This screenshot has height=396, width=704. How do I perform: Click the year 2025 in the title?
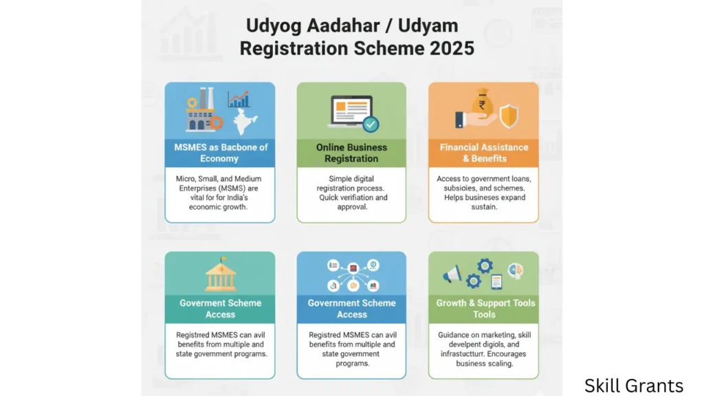pyautogui.click(x=452, y=49)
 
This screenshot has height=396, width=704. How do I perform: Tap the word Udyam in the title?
pyautogui.click(x=428, y=26)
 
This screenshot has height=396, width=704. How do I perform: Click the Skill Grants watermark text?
pyautogui.click(x=633, y=386)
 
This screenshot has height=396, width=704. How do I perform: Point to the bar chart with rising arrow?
pyautogui.click(x=239, y=99)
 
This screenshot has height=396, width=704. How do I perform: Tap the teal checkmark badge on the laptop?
pyautogui.click(x=371, y=124)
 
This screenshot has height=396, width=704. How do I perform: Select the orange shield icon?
pyautogui.click(x=509, y=115)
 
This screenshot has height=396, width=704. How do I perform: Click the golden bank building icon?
pyautogui.click(x=221, y=274)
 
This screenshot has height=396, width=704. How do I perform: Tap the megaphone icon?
pyautogui.click(x=452, y=274)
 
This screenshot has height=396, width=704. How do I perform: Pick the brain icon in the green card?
pyautogui.click(x=516, y=271)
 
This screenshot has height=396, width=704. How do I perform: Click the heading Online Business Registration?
pyautogui.click(x=351, y=153)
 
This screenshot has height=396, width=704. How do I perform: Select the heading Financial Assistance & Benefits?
pyautogui.click(x=484, y=153)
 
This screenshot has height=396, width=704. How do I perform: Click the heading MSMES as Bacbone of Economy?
pyautogui.click(x=221, y=153)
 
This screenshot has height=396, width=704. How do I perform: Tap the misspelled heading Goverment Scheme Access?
pyautogui.click(x=221, y=309)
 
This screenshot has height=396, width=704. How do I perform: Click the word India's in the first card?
pyautogui.click(x=236, y=197)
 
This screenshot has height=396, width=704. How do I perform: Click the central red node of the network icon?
pyautogui.click(x=353, y=269)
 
